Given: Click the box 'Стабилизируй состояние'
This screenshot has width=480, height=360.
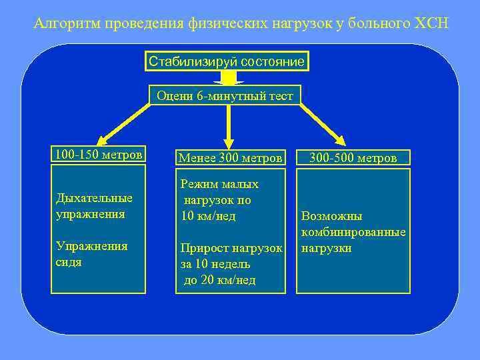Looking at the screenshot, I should (x=227, y=62).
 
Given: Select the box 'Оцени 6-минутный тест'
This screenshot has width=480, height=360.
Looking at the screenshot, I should (x=225, y=96).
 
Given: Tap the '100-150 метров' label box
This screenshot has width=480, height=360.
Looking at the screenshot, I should (x=98, y=155).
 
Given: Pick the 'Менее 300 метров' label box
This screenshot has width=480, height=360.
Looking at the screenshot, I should (x=229, y=158).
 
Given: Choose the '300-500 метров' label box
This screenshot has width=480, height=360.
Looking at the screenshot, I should (x=353, y=158).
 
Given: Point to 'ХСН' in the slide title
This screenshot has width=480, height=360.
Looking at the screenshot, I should (x=432, y=24).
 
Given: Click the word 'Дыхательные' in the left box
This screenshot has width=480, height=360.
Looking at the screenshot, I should (x=93, y=198).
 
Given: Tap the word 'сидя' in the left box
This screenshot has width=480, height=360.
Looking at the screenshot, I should (x=69, y=262).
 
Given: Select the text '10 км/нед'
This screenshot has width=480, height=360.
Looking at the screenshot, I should (x=208, y=215).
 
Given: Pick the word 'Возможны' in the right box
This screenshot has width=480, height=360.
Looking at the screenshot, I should (x=331, y=216).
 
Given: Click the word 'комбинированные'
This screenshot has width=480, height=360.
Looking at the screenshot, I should (x=353, y=232).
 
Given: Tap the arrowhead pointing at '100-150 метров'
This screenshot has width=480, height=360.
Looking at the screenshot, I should (x=101, y=140).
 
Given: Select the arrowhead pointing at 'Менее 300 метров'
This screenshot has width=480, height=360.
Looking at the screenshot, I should (x=229, y=141).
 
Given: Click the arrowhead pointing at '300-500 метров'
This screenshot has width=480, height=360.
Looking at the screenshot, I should (x=340, y=140).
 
